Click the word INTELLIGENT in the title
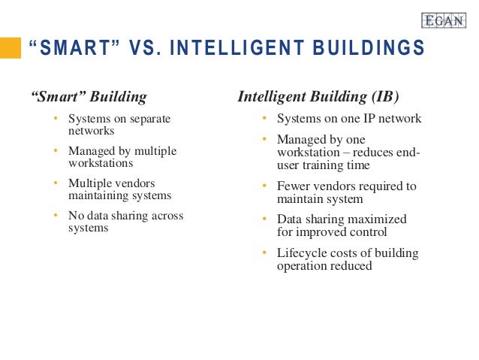coord(218,50)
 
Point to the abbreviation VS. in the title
coord(140,50)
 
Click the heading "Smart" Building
coord(89,97)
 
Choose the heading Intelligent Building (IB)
coord(318,97)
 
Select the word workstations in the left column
coord(101,162)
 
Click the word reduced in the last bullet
coord(352,265)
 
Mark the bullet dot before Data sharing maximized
coord(264,219)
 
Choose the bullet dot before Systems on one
coord(264,119)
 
